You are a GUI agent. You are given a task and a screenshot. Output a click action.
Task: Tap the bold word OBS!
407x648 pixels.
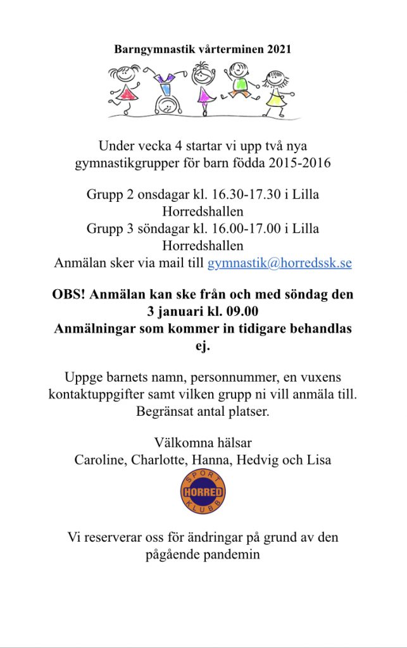pos(71,295)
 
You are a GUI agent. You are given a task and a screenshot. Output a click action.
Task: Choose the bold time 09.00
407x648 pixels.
pos(241,312)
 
